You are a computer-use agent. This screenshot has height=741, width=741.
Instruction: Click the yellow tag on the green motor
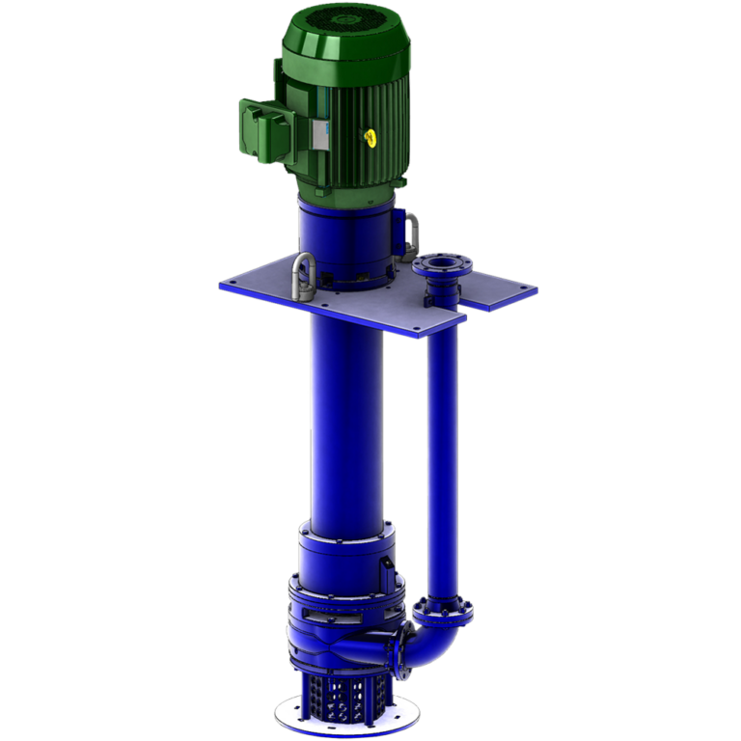click(x=370, y=137)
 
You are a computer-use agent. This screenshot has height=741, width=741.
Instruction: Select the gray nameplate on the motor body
click(x=319, y=134)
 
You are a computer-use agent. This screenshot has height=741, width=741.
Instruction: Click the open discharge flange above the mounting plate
click(x=438, y=265)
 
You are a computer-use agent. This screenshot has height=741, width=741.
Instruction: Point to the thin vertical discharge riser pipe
click(x=443, y=453)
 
